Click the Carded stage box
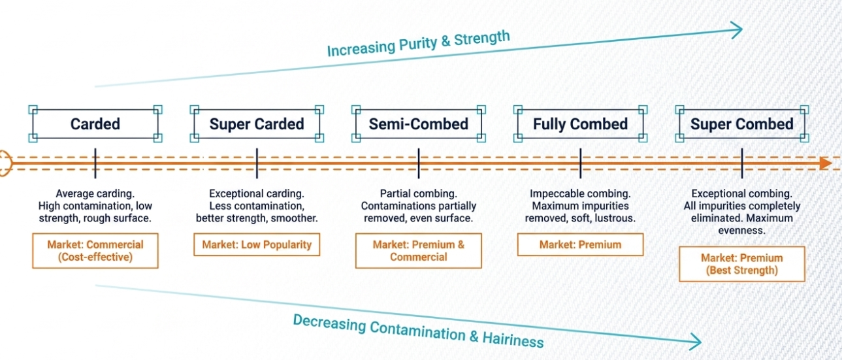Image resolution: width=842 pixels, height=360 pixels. click(95, 124)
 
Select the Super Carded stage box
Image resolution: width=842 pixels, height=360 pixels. click(257, 124)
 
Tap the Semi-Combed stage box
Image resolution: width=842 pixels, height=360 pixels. click(418, 124)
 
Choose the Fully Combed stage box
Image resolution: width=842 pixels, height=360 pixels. click(580, 124)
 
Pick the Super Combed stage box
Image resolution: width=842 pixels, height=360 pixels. click(741, 124)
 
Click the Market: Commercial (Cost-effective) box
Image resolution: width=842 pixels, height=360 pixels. click(95, 251)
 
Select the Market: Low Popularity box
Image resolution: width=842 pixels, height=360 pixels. click(257, 245)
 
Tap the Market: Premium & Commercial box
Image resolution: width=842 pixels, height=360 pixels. click(418, 251)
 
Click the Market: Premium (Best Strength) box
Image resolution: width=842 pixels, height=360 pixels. click(741, 264)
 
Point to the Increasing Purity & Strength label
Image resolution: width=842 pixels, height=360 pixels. click(418, 44)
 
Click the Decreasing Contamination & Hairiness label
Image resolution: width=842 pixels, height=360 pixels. click(418, 330)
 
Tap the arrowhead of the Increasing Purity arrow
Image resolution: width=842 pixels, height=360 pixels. click(737, 29)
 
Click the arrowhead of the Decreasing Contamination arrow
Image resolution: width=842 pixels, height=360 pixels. click(695, 340)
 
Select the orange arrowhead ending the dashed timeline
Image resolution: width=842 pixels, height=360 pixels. click(826, 163)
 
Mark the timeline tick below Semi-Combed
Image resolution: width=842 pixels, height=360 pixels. click(418, 163)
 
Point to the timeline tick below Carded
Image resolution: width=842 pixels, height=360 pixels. click(95, 163)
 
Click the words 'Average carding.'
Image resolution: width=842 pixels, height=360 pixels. click(95, 194)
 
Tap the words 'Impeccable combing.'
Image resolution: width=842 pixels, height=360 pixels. click(580, 194)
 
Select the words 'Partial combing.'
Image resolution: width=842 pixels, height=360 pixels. click(418, 194)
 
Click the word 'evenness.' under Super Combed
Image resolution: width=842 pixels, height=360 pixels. click(741, 231)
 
